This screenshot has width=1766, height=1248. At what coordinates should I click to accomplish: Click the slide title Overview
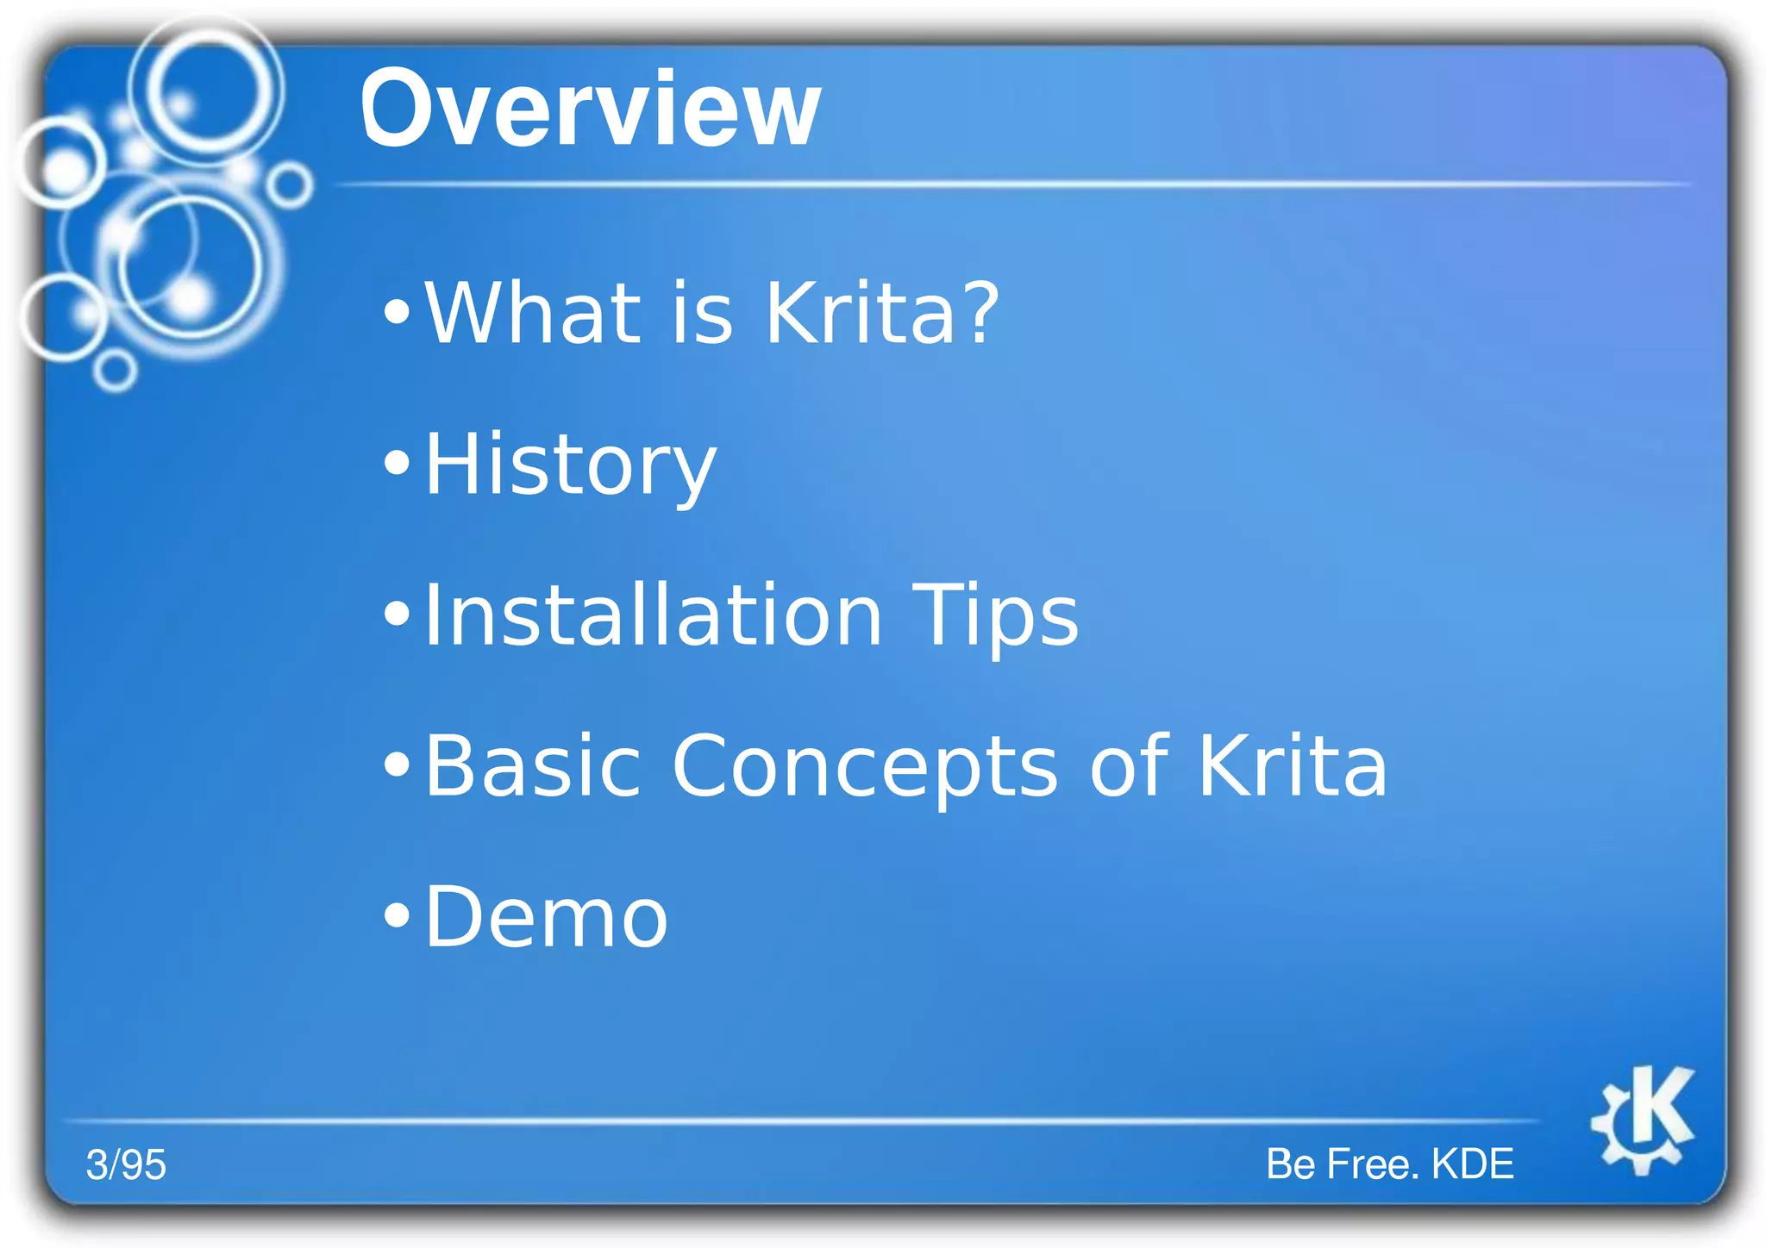[x=590, y=110]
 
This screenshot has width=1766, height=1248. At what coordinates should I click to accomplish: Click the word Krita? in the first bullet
[x=881, y=313]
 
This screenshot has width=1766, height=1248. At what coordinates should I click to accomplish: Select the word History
[x=570, y=465]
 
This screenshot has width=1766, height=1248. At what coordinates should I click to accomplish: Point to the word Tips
[x=994, y=615]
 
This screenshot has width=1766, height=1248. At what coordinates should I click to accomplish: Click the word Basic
[x=533, y=766]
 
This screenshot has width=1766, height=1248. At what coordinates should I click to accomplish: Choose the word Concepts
[x=864, y=766]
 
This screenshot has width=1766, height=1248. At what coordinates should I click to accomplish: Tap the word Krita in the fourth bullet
[x=1292, y=766]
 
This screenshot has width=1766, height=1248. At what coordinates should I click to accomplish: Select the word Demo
[x=547, y=918]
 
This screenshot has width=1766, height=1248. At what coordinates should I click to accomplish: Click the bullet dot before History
[x=397, y=464]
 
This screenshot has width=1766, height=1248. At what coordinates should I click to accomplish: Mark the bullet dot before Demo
[x=397, y=916]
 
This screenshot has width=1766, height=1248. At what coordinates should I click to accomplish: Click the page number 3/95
[x=126, y=1165]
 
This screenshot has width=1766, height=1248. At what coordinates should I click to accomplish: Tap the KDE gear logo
[x=1642, y=1119]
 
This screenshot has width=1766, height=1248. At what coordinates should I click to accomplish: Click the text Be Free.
[x=1342, y=1164]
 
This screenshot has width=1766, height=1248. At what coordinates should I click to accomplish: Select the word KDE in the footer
[x=1472, y=1164]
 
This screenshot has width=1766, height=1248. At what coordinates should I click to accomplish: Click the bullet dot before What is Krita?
[x=397, y=312]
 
